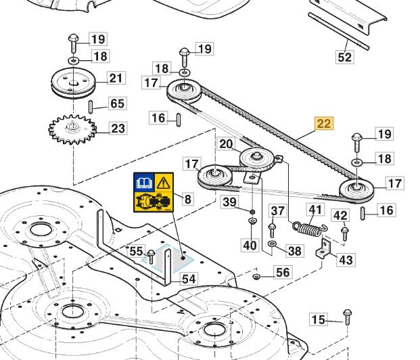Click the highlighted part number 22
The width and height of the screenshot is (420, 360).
[x=325, y=123]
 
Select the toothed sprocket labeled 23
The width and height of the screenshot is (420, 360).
[x=72, y=129]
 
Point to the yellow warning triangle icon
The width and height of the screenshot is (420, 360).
[x=164, y=183]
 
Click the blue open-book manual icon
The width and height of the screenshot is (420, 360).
[x=144, y=182]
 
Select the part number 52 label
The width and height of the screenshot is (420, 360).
[x=344, y=57]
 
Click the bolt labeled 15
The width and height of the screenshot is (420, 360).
[x=347, y=317]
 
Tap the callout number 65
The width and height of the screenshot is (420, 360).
[x=117, y=104]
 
